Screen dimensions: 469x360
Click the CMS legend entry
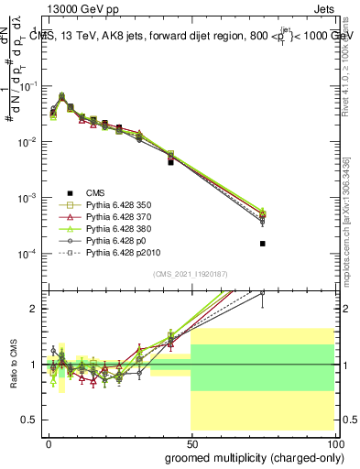[x=95, y=191]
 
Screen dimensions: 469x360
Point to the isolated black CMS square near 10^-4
[x=263, y=244]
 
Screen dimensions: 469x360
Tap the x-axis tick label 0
[x=49, y=443]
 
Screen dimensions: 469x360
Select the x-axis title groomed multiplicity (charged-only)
[x=250, y=457]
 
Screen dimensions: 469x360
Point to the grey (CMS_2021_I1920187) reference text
[x=190, y=274]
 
